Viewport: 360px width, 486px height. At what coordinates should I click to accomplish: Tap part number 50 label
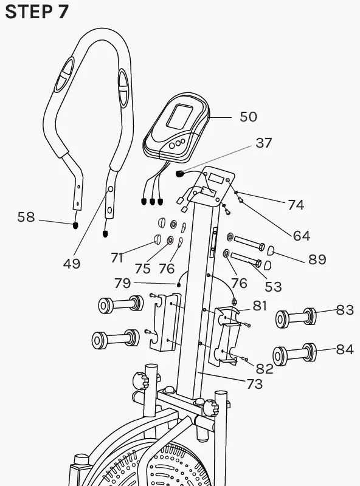click(248, 117)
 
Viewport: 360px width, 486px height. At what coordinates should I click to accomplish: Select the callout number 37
click(263, 143)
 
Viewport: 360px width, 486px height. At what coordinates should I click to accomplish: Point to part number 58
click(26, 217)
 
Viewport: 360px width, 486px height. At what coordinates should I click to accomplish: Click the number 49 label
click(72, 264)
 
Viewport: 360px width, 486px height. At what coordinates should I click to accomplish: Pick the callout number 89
click(317, 260)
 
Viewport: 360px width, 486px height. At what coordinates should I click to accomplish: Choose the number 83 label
click(345, 310)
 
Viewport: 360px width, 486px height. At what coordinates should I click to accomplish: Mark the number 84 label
click(345, 349)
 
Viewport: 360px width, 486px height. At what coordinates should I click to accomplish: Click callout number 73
click(254, 384)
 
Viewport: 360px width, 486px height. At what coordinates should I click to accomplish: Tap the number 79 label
click(123, 282)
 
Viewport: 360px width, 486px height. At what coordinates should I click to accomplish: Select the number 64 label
click(301, 235)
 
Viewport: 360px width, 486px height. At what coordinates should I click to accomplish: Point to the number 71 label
click(117, 258)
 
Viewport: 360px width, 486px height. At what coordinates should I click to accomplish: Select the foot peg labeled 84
click(294, 355)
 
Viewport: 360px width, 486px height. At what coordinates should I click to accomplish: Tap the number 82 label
click(264, 368)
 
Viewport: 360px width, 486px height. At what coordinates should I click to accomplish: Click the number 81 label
click(260, 306)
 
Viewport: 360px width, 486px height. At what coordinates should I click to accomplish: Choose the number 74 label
click(296, 205)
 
